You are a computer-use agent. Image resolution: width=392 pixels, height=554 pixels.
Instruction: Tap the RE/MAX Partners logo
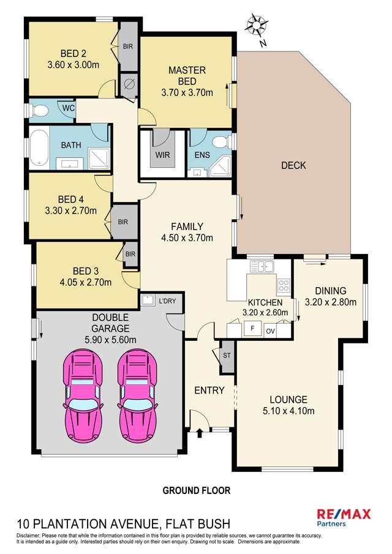(x=343, y=517)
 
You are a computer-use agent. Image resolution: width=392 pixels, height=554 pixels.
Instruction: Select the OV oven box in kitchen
(x=271, y=331)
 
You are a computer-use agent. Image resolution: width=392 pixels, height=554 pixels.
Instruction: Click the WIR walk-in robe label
(x=162, y=155)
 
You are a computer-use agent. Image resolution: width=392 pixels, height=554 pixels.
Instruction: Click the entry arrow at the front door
(x=200, y=433)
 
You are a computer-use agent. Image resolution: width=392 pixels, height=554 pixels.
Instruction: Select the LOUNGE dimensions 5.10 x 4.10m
(x=287, y=411)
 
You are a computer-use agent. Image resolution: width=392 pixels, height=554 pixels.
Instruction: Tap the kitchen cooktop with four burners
(x=284, y=285)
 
